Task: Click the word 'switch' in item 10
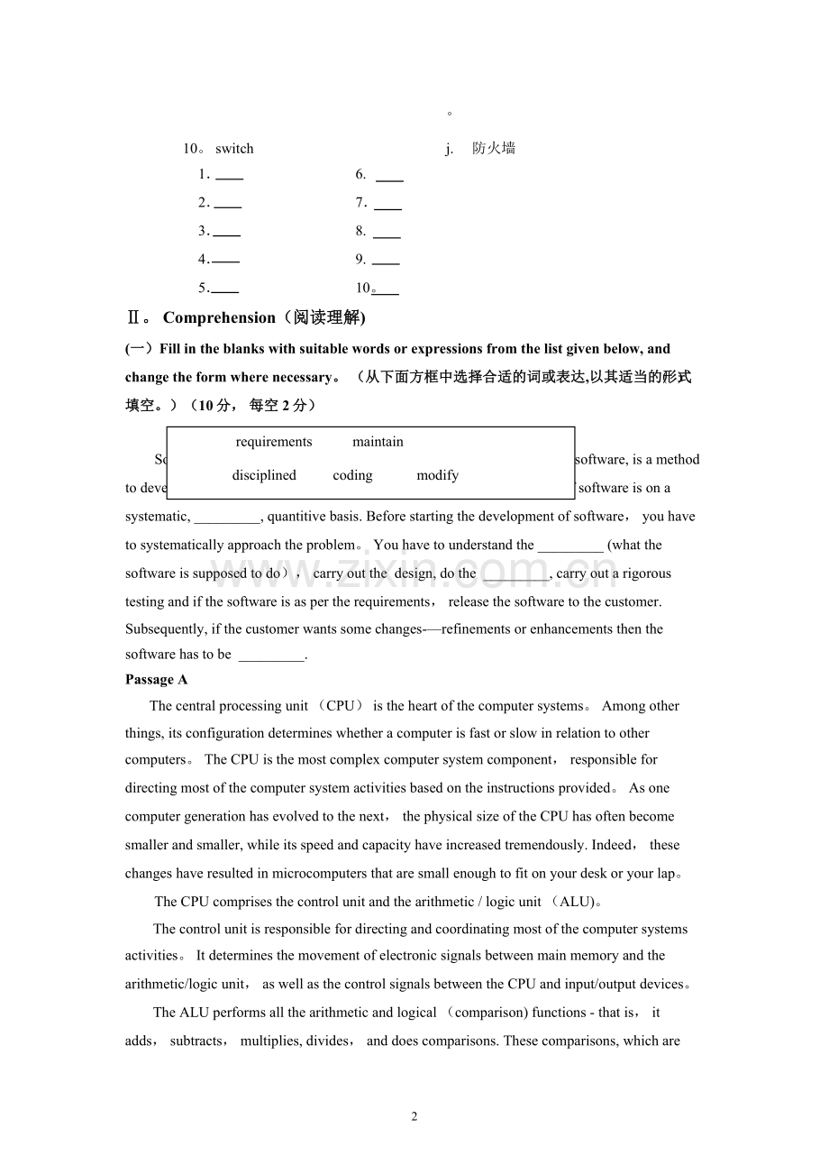click(234, 149)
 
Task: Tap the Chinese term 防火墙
click(494, 149)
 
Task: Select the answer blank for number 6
click(389, 176)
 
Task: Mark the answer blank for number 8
click(387, 233)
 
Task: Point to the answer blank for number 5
click(224, 289)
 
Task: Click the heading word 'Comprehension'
click(219, 317)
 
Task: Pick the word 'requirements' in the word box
click(274, 442)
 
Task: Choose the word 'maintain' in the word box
click(378, 442)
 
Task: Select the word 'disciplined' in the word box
click(264, 475)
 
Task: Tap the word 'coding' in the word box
click(352, 475)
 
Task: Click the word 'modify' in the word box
click(438, 475)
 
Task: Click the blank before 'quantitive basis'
click(227, 518)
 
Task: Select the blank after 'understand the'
click(570, 546)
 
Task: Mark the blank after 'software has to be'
click(272, 656)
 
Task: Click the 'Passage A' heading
click(157, 680)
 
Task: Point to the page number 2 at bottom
click(414, 1117)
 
